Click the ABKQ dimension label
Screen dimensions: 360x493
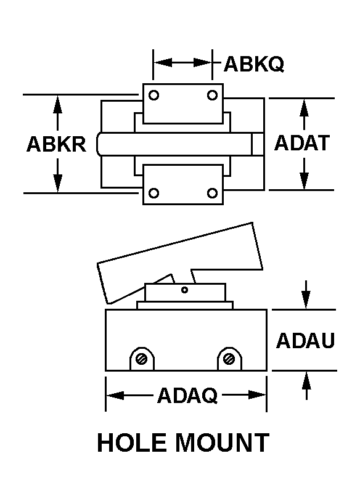pyautogui.click(x=254, y=64)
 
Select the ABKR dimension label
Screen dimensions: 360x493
pyautogui.click(x=56, y=144)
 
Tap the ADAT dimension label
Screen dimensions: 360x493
pyautogui.click(x=302, y=142)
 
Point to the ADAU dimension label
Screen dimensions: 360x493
pyautogui.click(x=305, y=341)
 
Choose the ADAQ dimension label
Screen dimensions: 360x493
pyautogui.click(x=187, y=395)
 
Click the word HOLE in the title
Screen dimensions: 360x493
pyautogui.click(x=132, y=442)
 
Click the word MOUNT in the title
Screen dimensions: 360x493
pyautogui.click(x=222, y=442)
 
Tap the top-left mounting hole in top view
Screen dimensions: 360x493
pyautogui.click(x=153, y=95)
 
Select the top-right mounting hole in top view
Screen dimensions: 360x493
pyautogui.click(x=212, y=95)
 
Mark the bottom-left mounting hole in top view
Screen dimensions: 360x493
pyautogui.click(x=153, y=193)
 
